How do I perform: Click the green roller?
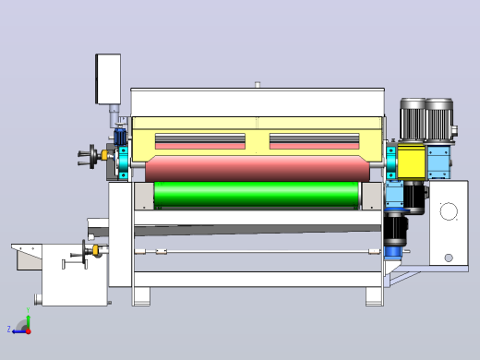coord(256,194)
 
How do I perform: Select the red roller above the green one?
coord(258,169)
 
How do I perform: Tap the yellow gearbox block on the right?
coord(411,162)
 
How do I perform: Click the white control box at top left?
coord(108,79)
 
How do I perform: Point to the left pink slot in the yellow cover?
coord(200,146)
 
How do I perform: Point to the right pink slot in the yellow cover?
coord(314,146)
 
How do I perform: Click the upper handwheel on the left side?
coord(92,157)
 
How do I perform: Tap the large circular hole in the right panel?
coord(449,211)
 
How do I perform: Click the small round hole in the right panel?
coord(449,258)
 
